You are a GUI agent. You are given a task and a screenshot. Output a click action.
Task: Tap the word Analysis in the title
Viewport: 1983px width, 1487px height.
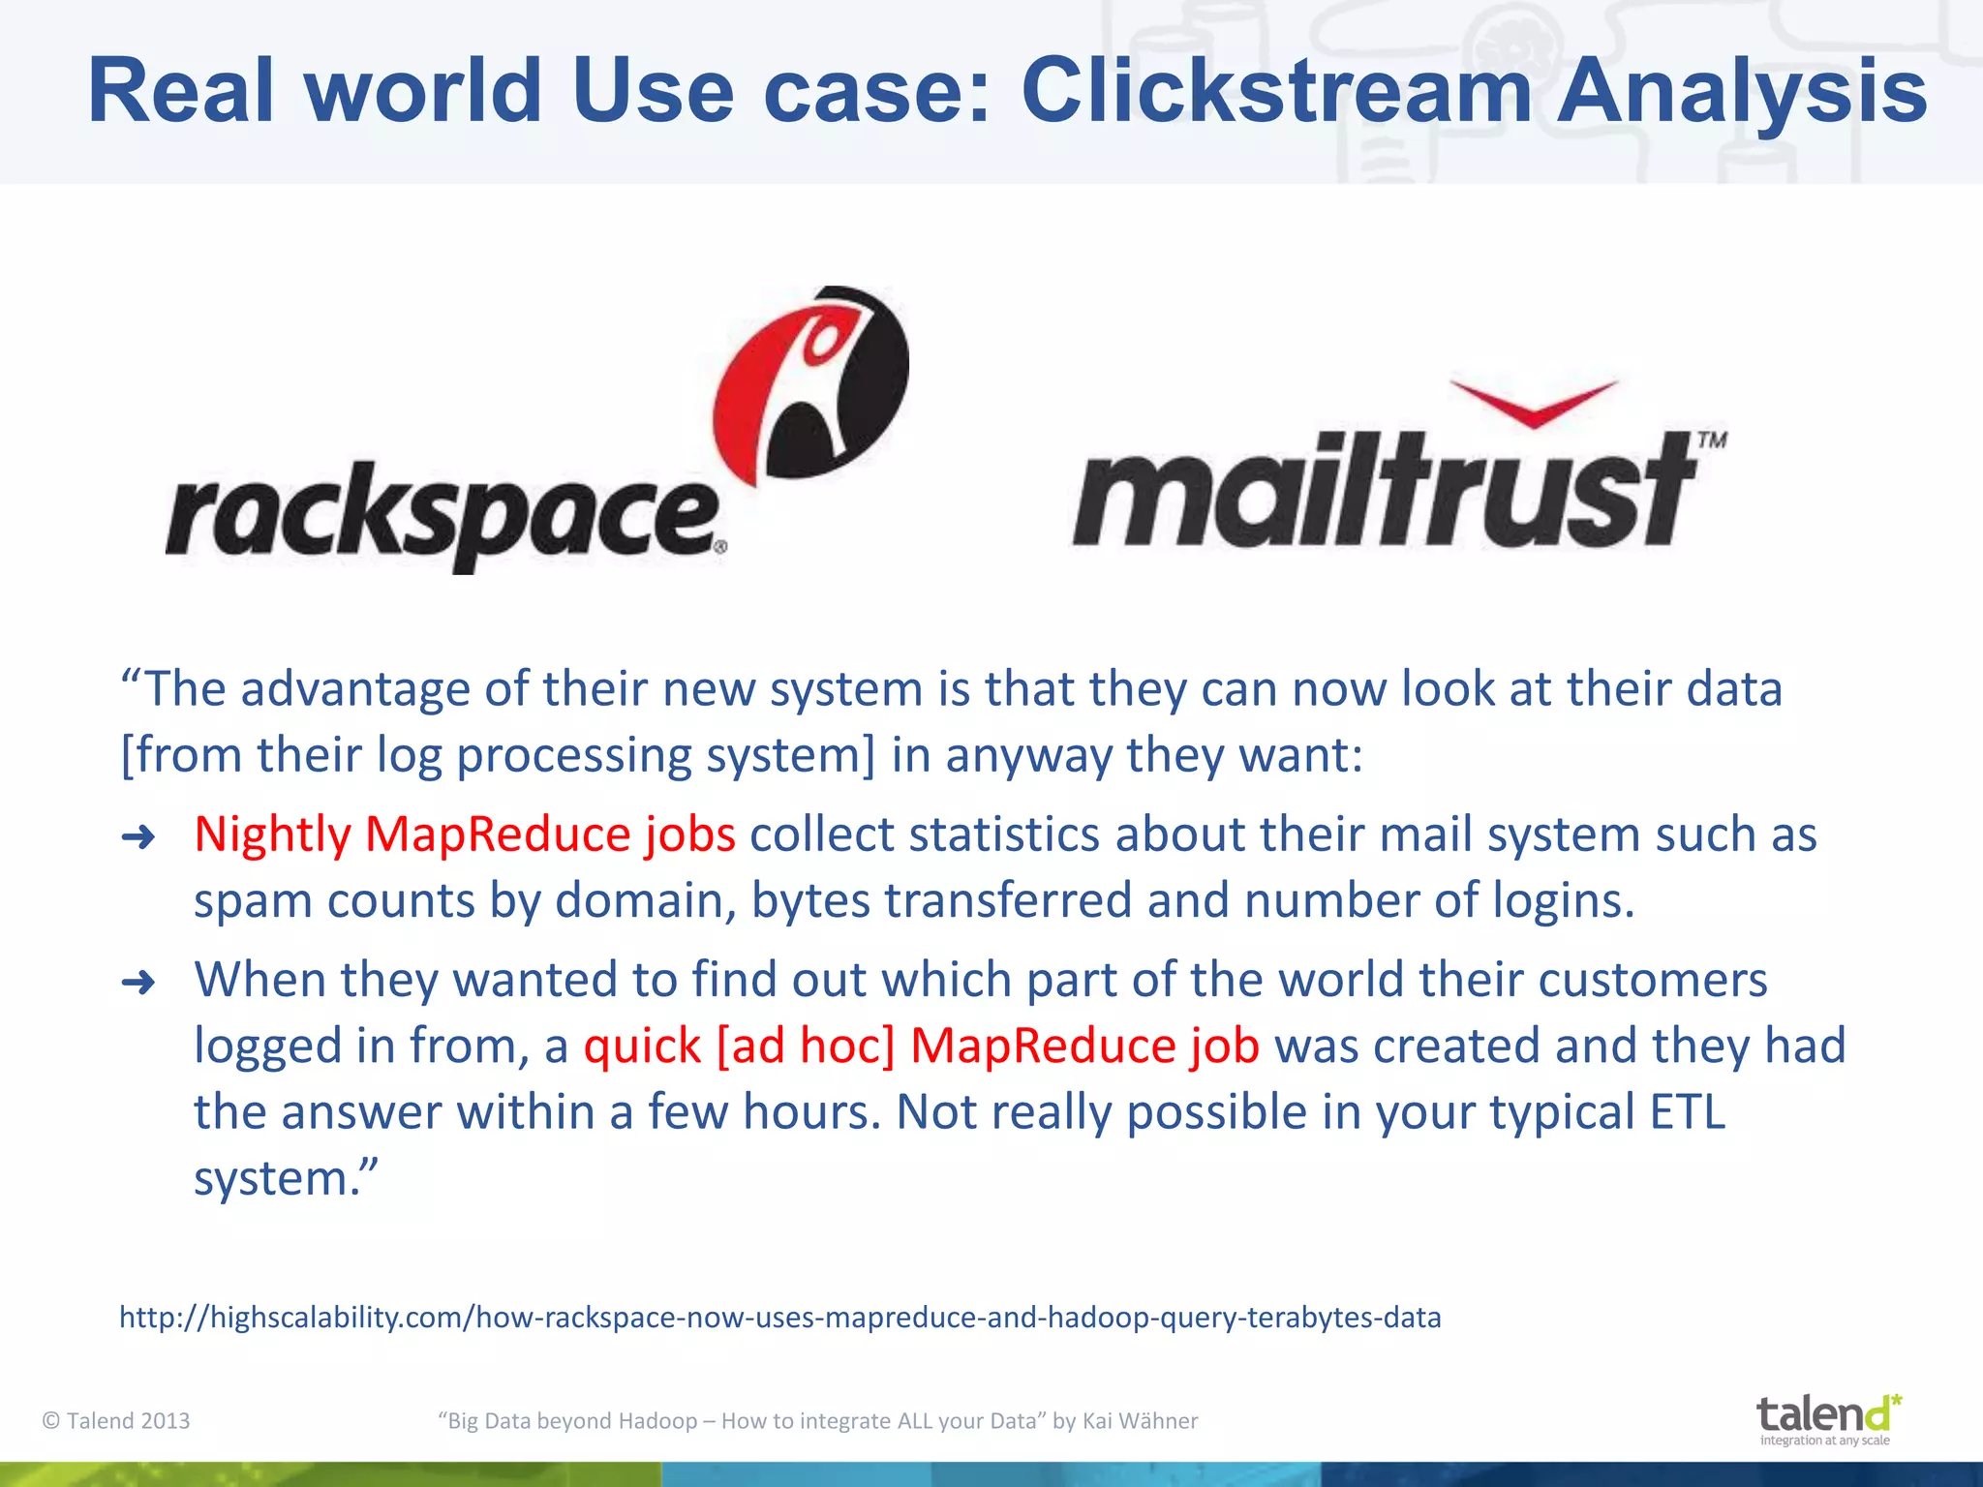coord(1741,92)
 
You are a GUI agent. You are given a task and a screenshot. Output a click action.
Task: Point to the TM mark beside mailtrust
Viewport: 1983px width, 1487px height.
coord(1712,440)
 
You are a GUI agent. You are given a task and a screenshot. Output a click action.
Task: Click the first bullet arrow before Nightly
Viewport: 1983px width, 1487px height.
coord(138,837)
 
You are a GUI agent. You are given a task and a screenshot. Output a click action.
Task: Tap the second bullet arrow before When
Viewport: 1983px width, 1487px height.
coord(138,983)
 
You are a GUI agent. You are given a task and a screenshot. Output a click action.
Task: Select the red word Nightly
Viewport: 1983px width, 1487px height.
coord(272,835)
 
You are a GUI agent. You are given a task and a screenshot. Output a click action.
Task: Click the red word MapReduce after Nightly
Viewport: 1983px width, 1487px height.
coord(498,835)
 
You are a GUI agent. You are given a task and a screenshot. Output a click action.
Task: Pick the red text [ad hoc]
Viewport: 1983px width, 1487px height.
coord(806,1046)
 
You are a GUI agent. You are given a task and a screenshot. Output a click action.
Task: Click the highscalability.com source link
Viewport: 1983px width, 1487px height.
coord(779,1318)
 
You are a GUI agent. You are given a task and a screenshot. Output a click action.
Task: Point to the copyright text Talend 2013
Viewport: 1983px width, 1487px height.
coord(116,1420)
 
